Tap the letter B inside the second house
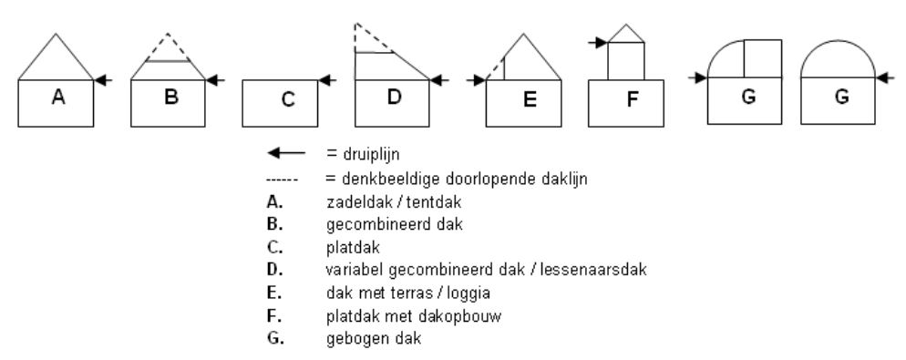170,99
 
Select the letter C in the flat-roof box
287,101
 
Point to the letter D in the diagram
394,98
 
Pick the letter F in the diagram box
631,101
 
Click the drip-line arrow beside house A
104,80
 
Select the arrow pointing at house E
475,80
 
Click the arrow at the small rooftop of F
598,41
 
